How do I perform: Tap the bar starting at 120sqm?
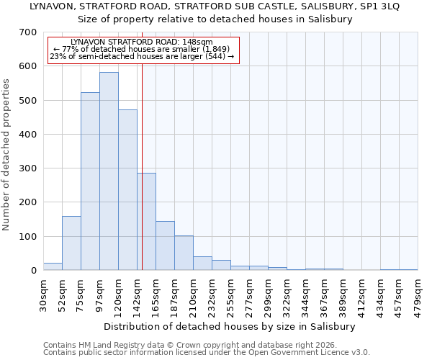[127, 190]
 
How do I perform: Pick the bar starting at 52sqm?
[71, 243]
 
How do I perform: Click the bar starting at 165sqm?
[165, 246]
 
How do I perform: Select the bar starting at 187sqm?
[184, 253]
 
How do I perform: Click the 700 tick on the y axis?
[27, 32]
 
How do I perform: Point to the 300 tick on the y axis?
[27, 168]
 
